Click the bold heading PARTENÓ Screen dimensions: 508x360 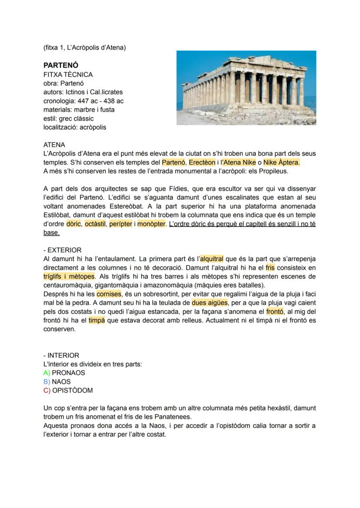pos(61,65)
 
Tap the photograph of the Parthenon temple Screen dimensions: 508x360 pos(246,88)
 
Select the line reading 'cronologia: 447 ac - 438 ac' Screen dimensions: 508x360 pos(83,101)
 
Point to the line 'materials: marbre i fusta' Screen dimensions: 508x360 pos(79,110)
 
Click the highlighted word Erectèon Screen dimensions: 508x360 pos(202,163)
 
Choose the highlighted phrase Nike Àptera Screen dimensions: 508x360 pos(281,163)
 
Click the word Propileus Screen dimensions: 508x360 pos(273,171)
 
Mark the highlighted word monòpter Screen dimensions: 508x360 pos(151,224)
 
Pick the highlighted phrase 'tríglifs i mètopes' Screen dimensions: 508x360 pos(69,276)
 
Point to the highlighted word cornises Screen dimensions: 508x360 pos(108,294)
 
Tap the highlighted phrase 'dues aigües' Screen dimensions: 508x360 pos(209,303)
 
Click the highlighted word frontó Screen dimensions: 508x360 pos(275,312)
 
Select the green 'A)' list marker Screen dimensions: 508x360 pos(47,373)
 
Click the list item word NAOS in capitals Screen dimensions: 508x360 pos(61,382)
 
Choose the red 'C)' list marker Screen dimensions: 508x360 pos(47,390)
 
